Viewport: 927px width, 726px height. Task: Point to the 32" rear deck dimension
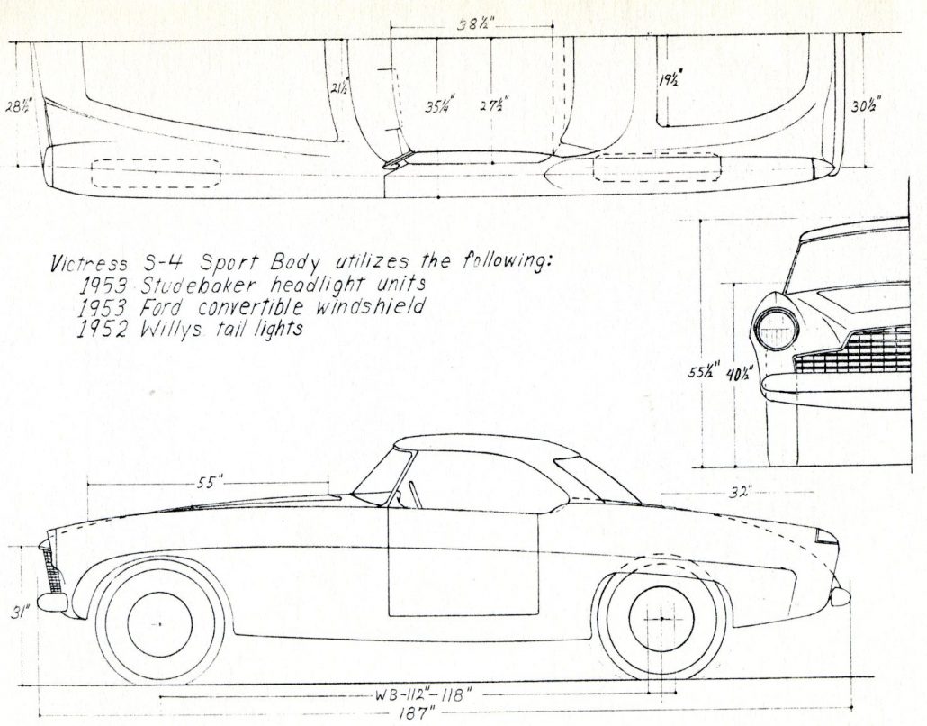pyautogui.click(x=742, y=492)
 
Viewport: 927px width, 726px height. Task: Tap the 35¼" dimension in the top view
pyautogui.click(x=439, y=104)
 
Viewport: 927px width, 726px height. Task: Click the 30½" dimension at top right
pyautogui.click(x=866, y=105)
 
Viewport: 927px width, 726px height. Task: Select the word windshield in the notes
pyautogui.click(x=376, y=307)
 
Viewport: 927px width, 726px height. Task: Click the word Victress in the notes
pyautogui.click(x=84, y=264)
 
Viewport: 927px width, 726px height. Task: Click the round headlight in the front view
pyautogui.click(x=775, y=330)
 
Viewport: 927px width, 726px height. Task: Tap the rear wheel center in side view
pyautogui.click(x=663, y=620)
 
